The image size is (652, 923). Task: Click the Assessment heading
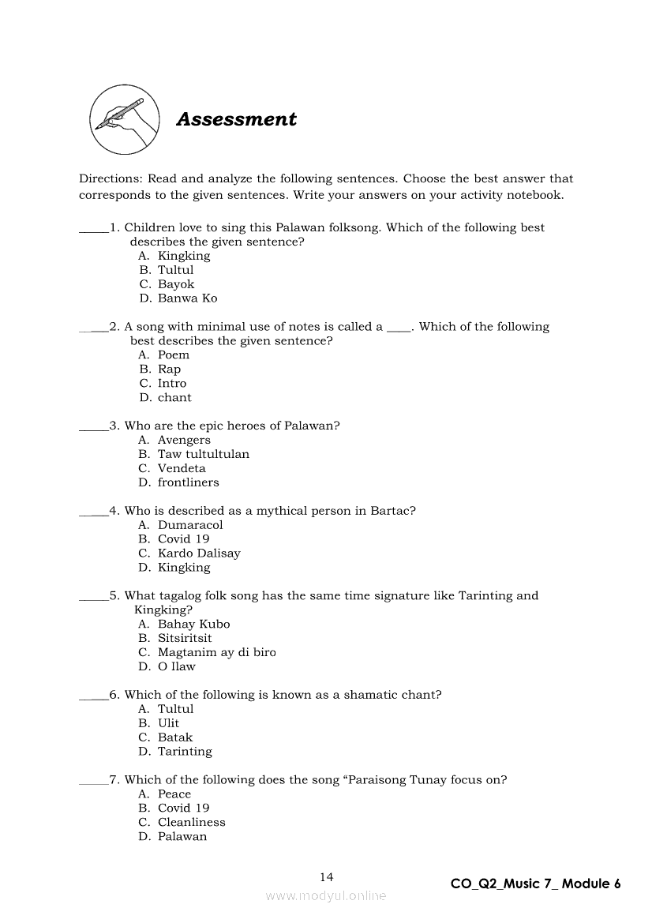236,119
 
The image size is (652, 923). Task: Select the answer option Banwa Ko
187,298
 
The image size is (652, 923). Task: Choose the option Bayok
175,284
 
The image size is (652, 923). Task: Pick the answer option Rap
169,370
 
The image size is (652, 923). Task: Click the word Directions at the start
110,179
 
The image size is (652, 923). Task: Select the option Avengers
184,440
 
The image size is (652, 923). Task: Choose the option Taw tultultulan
203,454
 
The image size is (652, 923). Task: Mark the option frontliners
188,482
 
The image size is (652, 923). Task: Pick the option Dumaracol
190,525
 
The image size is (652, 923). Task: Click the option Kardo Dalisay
199,553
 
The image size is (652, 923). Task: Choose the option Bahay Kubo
193,624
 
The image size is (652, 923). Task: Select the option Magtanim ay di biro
216,652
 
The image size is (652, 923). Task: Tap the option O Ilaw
176,666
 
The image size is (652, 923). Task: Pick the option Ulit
168,723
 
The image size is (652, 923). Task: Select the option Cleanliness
191,822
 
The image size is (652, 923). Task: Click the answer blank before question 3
93,427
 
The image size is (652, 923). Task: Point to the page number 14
327,876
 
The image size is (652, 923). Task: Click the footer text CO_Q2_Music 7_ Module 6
535,884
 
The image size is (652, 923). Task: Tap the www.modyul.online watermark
326,895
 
